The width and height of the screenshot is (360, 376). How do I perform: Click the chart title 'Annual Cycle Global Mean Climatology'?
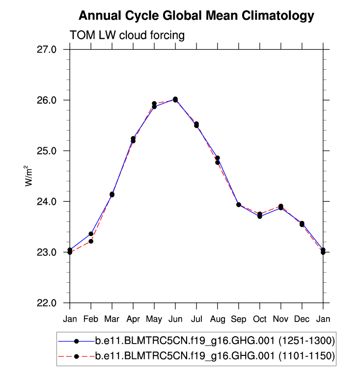tap(196, 16)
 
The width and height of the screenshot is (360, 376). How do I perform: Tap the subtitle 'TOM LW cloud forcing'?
tap(127, 35)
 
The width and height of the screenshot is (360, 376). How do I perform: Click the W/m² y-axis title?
tap(29, 176)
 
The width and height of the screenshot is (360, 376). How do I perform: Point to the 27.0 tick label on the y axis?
tap(48, 50)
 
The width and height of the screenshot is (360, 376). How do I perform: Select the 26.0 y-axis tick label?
tap(48, 100)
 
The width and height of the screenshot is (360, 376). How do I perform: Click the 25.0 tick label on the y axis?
tap(48, 151)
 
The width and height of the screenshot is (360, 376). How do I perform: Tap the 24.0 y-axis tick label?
tap(48, 202)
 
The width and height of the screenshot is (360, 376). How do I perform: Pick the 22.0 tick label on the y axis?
tap(48, 303)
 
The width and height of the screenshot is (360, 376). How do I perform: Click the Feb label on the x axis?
tap(91, 320)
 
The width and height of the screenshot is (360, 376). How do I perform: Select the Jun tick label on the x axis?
tap(175, 320)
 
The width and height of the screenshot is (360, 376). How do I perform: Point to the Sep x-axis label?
tap(239, 320)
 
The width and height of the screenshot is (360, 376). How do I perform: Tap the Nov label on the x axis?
tap(281, 320)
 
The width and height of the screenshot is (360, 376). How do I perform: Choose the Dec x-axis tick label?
tap(302, 320)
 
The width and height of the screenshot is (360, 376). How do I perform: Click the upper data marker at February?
tap(91, 234)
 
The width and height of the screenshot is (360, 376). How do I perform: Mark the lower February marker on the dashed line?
tap(91, 241)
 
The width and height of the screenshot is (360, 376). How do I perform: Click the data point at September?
tap(239, 204)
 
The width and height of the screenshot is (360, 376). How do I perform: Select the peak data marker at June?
tap(175, 99)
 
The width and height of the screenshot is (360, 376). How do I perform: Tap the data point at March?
tap(112, 194)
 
